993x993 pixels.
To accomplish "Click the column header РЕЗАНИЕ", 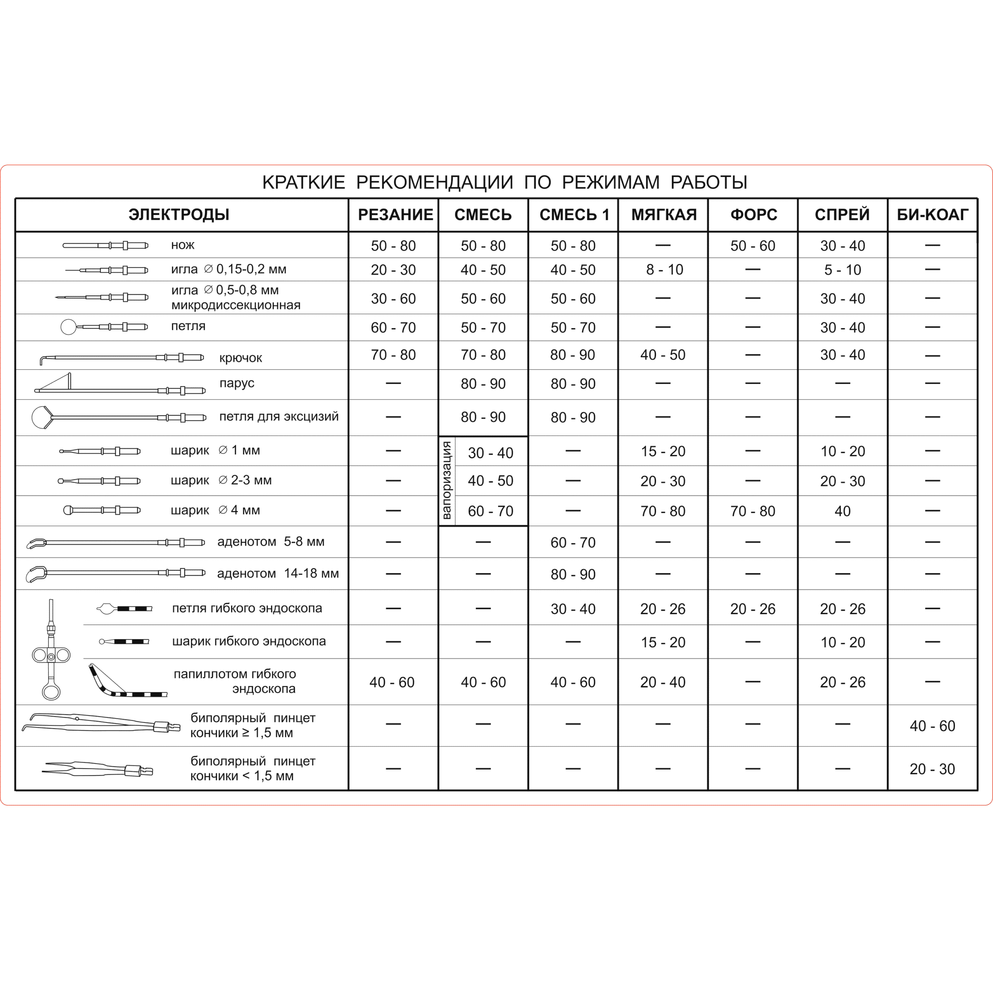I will tap(395, 215).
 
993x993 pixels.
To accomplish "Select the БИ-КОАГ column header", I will tap(932, 215).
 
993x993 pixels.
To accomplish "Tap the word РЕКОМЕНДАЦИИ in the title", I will tap(434, 182).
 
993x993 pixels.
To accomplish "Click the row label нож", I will tap(182, 245).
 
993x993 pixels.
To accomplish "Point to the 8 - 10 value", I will tap(664, 270).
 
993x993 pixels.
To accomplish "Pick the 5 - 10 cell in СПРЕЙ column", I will tap(842, 270).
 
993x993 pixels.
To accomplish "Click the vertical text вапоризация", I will tap(446, 480).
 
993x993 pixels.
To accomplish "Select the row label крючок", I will tap(240, 358).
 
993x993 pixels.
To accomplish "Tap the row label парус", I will tap(237, 383).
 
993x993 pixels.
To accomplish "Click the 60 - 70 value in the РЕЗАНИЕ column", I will tap(393, 327).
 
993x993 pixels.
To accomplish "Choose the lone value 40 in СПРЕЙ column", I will tap(842, 511).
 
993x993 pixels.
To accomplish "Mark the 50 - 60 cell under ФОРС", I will tap(753, 246).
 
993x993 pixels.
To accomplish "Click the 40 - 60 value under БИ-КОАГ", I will tap(932, 726).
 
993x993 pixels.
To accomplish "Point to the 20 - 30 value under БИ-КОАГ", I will tap(932, 769).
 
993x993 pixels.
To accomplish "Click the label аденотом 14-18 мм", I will tap(278, 574).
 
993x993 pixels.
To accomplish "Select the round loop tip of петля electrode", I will tap(68, 327).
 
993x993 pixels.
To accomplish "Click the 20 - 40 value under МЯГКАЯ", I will tap(663, 682).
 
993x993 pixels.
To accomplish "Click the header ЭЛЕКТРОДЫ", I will tap(179, 215).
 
